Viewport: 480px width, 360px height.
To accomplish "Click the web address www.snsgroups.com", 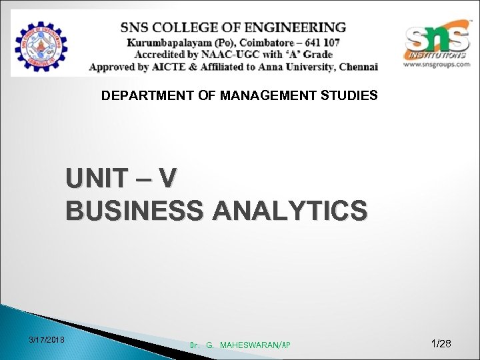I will coord(437,65).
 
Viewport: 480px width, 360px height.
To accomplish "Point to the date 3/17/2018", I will coord(47,341).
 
